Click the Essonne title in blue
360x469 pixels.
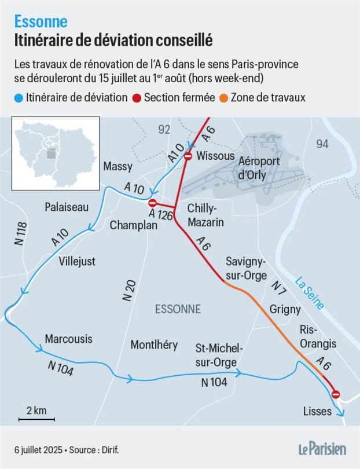tap(41, 22)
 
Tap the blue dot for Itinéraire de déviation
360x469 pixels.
tap(19, 98)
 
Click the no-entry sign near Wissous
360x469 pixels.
tap(188, 156)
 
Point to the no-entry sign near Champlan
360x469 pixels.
tap(152, 203)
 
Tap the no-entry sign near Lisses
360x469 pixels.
tap(336, 394)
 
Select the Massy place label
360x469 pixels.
tap(117, 167)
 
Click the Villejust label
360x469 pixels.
tap(77, 261)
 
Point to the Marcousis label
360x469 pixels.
tap(68, 338)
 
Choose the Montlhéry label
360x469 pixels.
tap(154, 345)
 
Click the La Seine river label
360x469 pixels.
tap(309, 294)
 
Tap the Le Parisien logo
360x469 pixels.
tap(322, 448)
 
